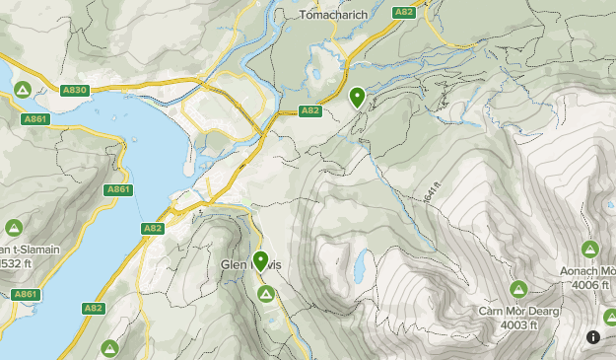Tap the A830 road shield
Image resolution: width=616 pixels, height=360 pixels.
pos(76,90)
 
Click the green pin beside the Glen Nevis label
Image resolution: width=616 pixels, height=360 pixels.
pos(261,261)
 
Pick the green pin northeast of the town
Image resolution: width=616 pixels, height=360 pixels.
pos(357,97)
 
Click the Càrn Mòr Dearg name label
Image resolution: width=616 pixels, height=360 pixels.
pos(520,312)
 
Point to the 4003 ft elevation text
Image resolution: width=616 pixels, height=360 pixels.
pos(518,325)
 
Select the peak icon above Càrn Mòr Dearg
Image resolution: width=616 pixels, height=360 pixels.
pos(518,289)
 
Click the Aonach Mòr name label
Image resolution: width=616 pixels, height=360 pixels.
pos(590,271)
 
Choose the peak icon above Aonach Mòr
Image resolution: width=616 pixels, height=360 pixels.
pos(589,249)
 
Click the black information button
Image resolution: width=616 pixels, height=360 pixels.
pos(593,336)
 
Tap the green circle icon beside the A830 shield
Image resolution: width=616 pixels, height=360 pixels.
pos(22,90)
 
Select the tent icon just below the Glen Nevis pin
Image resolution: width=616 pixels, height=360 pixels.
pos(265,294)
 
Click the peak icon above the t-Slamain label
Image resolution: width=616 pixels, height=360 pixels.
pos(14,227)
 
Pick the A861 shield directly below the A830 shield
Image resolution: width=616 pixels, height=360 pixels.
pos(35,119)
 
